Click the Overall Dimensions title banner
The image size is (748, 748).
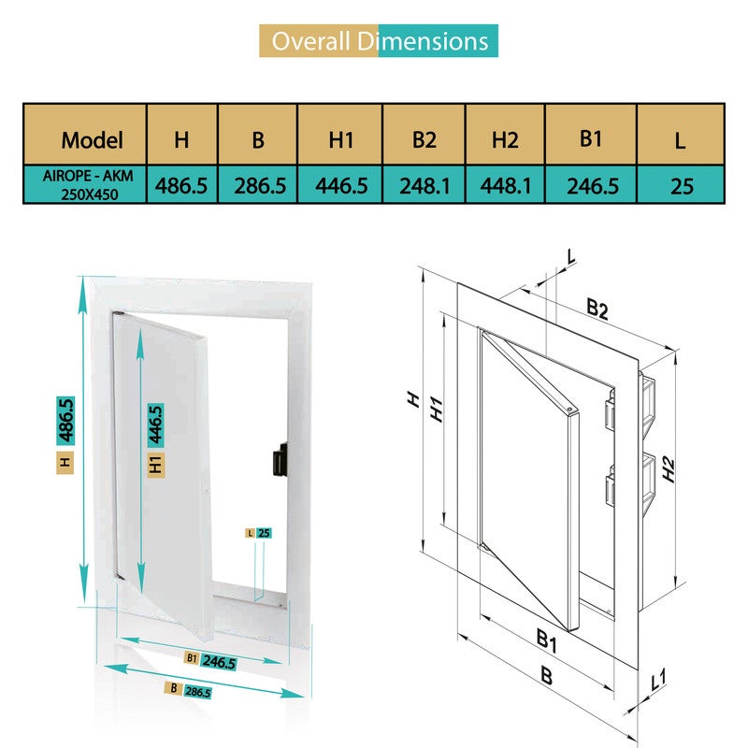pos(379,41)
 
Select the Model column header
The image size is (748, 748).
pos(92,140)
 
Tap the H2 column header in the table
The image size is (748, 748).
pos(505,140)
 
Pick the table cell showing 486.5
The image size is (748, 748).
pos(181,185)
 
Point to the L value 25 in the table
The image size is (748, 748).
pos(682,186)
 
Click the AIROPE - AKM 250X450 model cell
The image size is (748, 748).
pos(88,185)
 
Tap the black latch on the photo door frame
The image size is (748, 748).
pos(280,459)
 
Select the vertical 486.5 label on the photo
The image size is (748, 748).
pos(65,421)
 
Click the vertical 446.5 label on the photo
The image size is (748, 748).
pos(156,425)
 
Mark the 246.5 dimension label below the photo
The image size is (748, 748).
pos(219,662)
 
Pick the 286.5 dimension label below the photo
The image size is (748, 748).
pos(197,691)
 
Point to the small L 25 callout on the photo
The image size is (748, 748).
pos(259,533)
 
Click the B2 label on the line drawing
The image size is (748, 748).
pos(597,309)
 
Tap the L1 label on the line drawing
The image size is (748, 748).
pos(659,680)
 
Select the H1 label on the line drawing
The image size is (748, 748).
pos(436,410)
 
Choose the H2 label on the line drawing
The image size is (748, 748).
pos(669,469)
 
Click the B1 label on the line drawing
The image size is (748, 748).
pos(547,640)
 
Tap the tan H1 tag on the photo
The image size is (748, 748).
pos(156,465)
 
